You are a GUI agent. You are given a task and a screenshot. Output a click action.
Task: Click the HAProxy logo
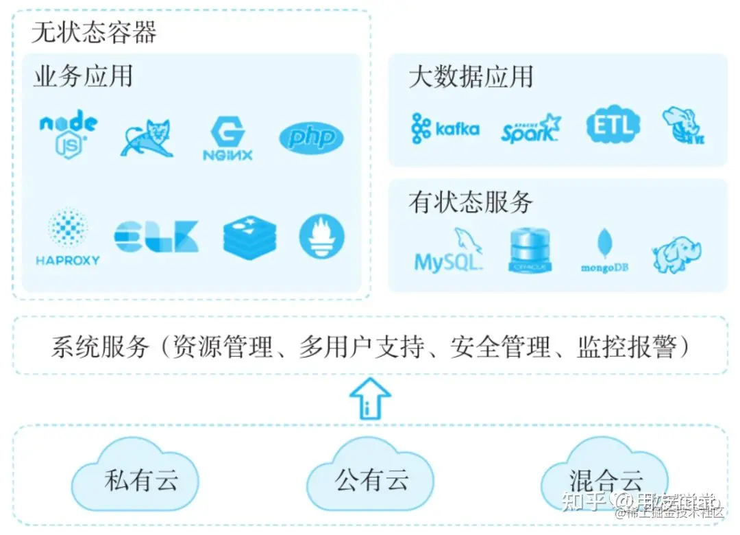coord(68,237)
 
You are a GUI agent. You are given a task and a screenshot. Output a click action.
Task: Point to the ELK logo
coord(156,237)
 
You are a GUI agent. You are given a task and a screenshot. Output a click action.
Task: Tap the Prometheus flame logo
coord(321,237)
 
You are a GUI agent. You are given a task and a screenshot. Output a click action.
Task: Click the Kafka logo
coord(445,129)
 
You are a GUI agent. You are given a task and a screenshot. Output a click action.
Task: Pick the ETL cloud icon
coord(613,126)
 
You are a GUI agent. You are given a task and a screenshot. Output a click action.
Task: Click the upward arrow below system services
coord(370,399)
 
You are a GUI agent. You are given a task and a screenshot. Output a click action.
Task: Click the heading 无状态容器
coord(94,32)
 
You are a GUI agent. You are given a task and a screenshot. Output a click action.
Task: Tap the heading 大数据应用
coord(471,77)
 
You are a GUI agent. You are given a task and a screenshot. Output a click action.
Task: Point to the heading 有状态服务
coord(471,202)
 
